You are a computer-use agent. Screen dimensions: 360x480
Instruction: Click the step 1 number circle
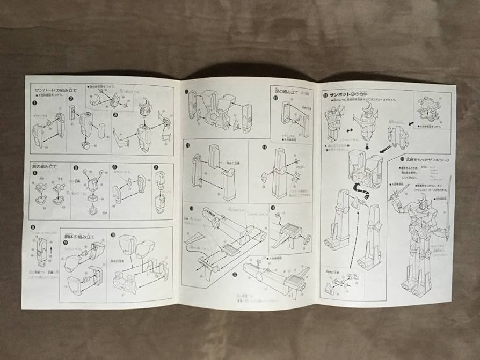pos(35,102)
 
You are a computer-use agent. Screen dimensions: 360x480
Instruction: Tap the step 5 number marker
pos(76,167)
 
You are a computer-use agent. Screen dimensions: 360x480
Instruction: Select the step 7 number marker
pos(156,167)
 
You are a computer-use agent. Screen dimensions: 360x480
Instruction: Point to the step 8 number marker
pos(34,227)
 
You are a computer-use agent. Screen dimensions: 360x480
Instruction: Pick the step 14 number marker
pos(264,148)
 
